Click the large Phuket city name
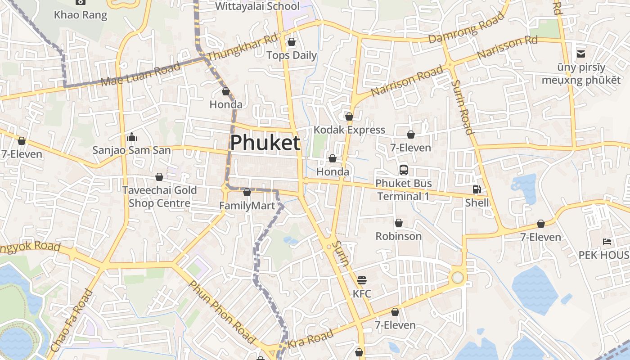(x=265, y=143)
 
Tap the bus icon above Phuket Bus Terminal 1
(x=404, y=170)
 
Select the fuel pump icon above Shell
(x=477, y=190)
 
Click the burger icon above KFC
(x=362, y=281)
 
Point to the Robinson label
(x=399, y=236)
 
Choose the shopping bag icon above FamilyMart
(x=247, y=193)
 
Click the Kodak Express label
(x=349, y=130)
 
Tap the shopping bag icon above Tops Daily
(x=292, y=42)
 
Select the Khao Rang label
(x=81, y=15)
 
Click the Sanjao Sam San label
(x=131, y=150)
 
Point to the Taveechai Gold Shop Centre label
(x=160, y=197)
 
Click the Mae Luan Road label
(x=141, y=74)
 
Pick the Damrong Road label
(x=466, y=27)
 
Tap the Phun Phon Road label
(x=222, y=310)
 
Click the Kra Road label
(x=310, y=338)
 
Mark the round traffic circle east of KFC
(x=458, y=278)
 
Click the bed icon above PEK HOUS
(x=607, y=242)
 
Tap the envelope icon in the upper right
(x=581, y=54)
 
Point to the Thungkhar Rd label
(x=243, y=47)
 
